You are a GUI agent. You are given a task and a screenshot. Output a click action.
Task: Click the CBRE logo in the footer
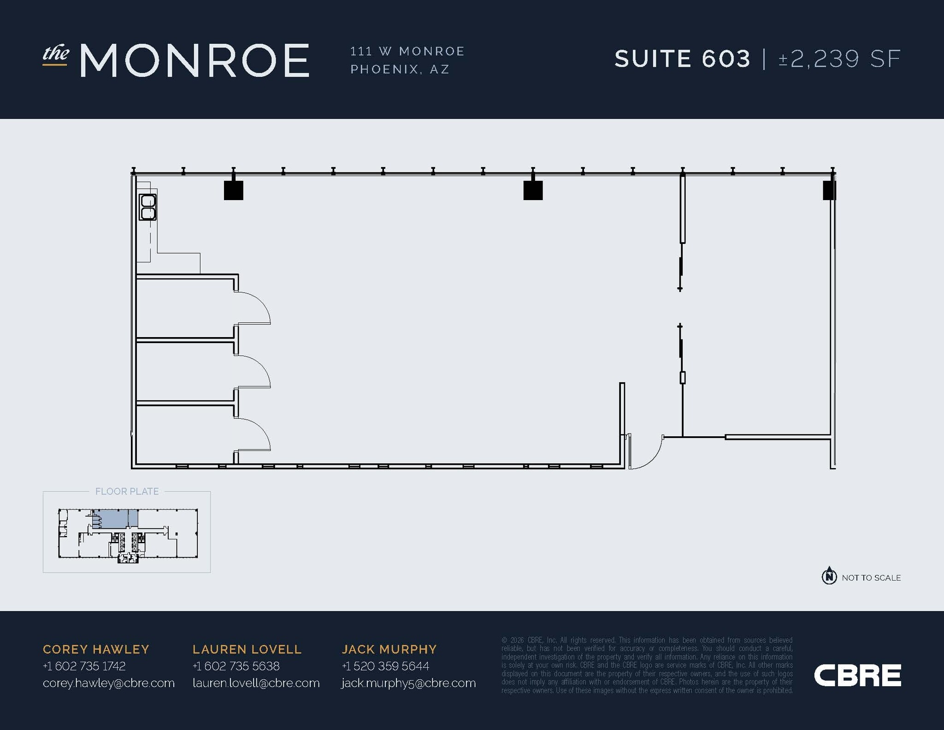click(857, 676)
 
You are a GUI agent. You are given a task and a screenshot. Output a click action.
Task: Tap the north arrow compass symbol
click(829, 576)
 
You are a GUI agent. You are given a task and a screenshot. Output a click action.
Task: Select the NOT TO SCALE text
click(871, 578)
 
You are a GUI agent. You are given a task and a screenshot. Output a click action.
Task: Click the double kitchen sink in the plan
click(148, 207)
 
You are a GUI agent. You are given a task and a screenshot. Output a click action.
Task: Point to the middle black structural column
click(533, 190)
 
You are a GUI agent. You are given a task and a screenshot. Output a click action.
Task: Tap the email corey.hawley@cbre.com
click(109, 683)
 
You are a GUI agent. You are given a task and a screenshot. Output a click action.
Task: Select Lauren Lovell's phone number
click(236, 666)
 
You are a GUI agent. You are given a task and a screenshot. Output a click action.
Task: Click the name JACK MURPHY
click(389, 649)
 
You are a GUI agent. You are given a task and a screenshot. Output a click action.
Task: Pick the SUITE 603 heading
click(683, 59)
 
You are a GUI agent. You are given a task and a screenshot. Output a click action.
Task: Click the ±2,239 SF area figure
click(839, 59)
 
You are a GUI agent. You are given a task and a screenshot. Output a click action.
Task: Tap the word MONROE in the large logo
click(195, 60)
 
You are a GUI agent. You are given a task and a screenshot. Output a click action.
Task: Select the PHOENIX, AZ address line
click(400, 69)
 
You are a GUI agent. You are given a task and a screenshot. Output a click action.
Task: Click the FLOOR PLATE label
click(127, 492)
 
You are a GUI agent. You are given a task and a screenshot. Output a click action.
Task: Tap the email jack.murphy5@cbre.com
click(408, 683)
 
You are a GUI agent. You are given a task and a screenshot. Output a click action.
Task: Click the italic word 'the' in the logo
click(56, 53)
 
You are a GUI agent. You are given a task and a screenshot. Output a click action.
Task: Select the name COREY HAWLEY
click(96, 649)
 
